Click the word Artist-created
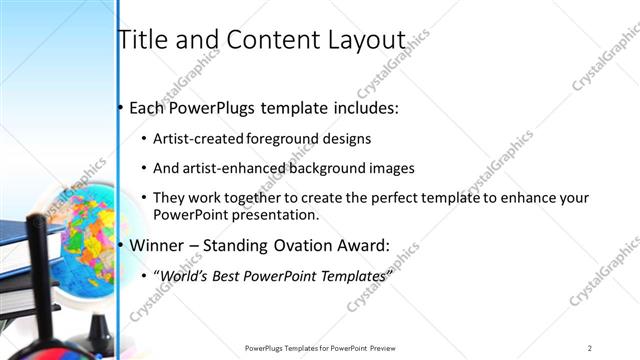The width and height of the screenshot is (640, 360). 197,139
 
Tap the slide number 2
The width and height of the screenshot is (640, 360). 590,347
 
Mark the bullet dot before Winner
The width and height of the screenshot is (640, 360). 121,244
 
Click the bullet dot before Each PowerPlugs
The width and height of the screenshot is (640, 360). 121,107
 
